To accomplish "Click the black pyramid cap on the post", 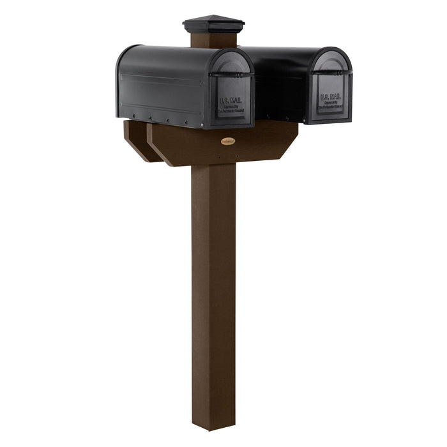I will (213, 25).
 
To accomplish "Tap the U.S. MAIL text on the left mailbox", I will (231, 100).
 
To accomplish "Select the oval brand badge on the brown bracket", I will (228, 140).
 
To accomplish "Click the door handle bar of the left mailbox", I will (231, 75).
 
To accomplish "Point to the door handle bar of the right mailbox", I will (331, 73).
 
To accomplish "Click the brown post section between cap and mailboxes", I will (213, 40).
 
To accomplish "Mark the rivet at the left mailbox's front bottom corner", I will (203, 124).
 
